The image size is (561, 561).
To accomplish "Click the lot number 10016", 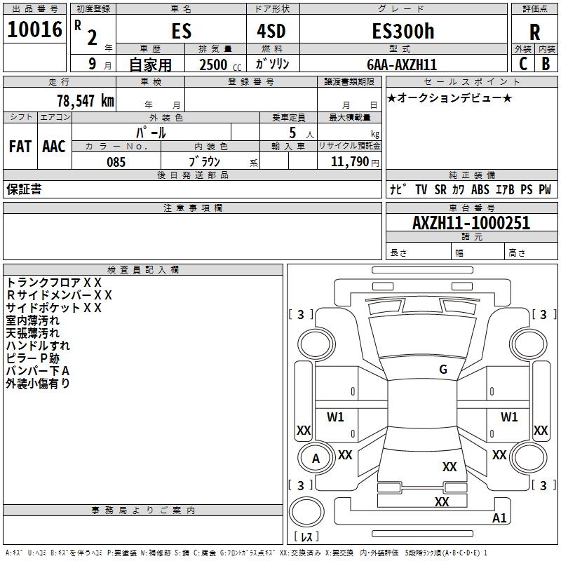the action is click(34, 29).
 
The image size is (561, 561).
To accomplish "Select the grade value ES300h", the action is click(403, 31).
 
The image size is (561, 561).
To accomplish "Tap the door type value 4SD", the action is click(271, 31).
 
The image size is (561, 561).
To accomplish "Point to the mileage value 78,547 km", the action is click(86, 100).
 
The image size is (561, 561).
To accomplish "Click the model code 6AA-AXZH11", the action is click(402, 65).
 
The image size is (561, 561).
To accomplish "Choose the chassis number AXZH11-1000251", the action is click(471, 223).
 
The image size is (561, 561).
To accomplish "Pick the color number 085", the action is click(116, 162).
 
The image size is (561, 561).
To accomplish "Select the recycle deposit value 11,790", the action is click(349, 162).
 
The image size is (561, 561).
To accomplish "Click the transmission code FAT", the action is click(20, 147).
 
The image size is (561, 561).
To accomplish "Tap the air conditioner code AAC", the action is click(54, 147).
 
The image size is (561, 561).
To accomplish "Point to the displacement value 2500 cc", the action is click(220, 65).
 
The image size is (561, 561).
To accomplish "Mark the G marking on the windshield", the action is click(443, 369).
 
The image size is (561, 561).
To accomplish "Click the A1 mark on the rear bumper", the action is click(499, 518).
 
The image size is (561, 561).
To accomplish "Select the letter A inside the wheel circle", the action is click(316, 459).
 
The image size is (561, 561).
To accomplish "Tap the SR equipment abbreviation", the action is click(440, 189).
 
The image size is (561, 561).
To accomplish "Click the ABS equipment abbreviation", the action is click(480, 189).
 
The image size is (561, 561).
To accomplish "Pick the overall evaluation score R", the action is click(534, 32).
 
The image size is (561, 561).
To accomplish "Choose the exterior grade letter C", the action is click(523, 64).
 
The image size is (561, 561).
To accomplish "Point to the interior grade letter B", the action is click(546, 64).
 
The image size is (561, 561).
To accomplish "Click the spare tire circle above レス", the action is click(306, 512).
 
